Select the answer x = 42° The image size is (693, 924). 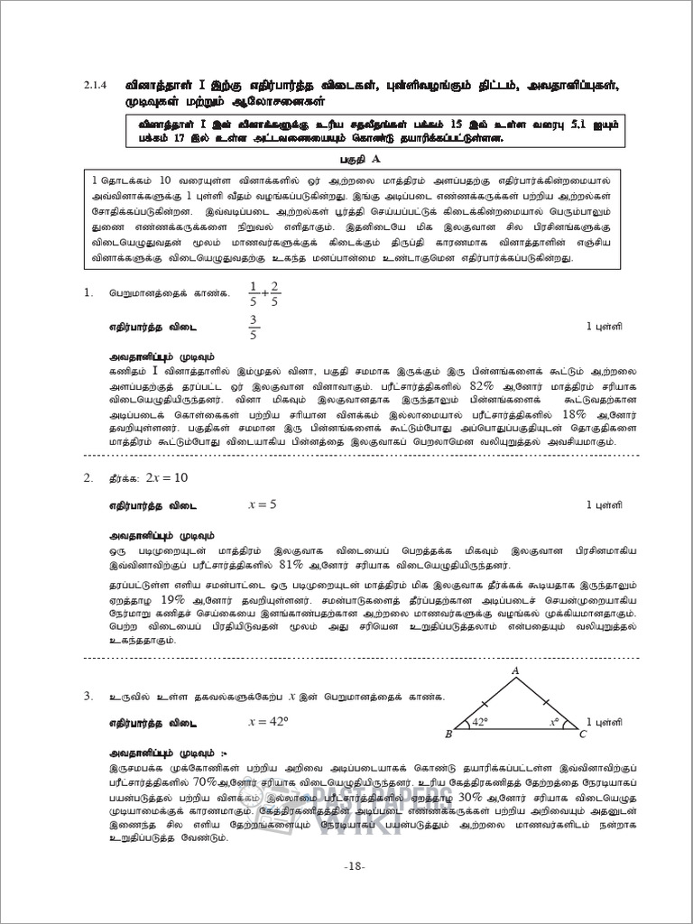point(267,721)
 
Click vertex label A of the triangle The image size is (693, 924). point(515,670)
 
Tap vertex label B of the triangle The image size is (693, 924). point(448,734)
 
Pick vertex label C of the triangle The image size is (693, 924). point(583,734)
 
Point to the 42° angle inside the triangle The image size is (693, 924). point(478,721)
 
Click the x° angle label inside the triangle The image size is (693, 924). point(554,721)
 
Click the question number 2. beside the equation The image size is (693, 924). point(88,477)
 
